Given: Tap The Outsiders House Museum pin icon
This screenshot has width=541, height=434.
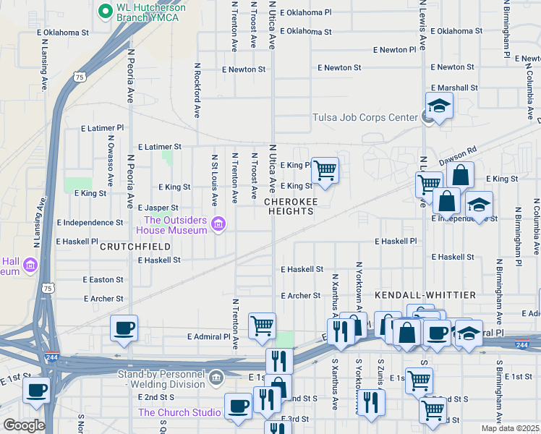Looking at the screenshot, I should pos(218,227).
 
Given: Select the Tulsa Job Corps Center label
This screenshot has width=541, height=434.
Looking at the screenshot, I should pos(365,118).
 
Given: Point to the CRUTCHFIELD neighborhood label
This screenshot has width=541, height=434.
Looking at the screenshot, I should pos(135,247).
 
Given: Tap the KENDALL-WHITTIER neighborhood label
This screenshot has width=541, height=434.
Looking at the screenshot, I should pos(425,296).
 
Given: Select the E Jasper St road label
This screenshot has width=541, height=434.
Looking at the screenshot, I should pos(158,208).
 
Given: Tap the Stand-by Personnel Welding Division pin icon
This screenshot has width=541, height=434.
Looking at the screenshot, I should pos(216,378).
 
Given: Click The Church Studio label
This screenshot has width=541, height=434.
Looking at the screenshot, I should pos(179,413).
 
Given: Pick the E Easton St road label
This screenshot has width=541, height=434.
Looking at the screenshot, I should pos(103,280).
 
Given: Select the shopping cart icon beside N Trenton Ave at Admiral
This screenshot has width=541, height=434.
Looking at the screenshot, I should pos(262,325).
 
